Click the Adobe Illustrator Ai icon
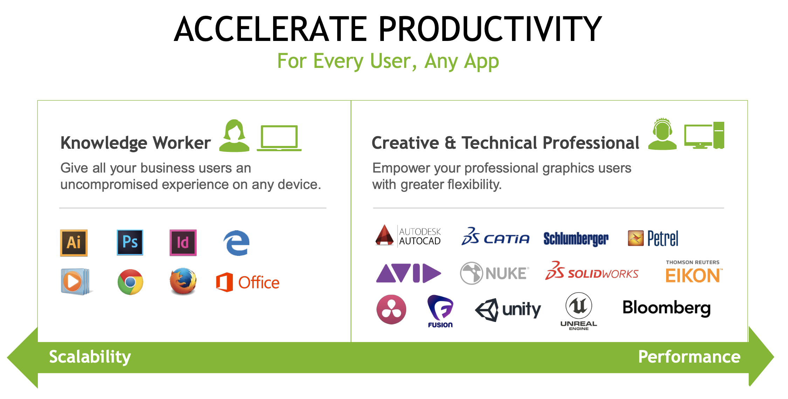coord(74,243)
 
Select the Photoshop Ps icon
coord(130,242)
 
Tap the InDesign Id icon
coord(183,243)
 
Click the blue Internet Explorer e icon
coord(236,243)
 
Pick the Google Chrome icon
coord(130,282)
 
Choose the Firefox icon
coord(183,281)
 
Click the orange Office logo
coord(248,282)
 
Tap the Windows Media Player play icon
coord(75,281)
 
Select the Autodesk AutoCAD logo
coord(408,236)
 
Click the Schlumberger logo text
coord(576,239)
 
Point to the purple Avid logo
coord(408,273)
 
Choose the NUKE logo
coord(494,273)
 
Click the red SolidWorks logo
coord(592,271)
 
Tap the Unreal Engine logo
coord(579,311)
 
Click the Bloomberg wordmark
coord(666,308)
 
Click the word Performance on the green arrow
coord(689,357)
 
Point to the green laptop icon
coord(279,138)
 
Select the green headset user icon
coord(662,134)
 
